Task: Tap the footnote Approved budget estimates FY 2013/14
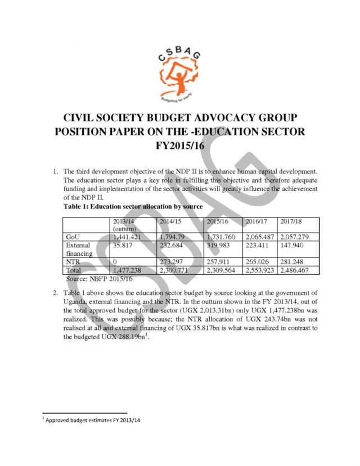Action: [x=93, y=420]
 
